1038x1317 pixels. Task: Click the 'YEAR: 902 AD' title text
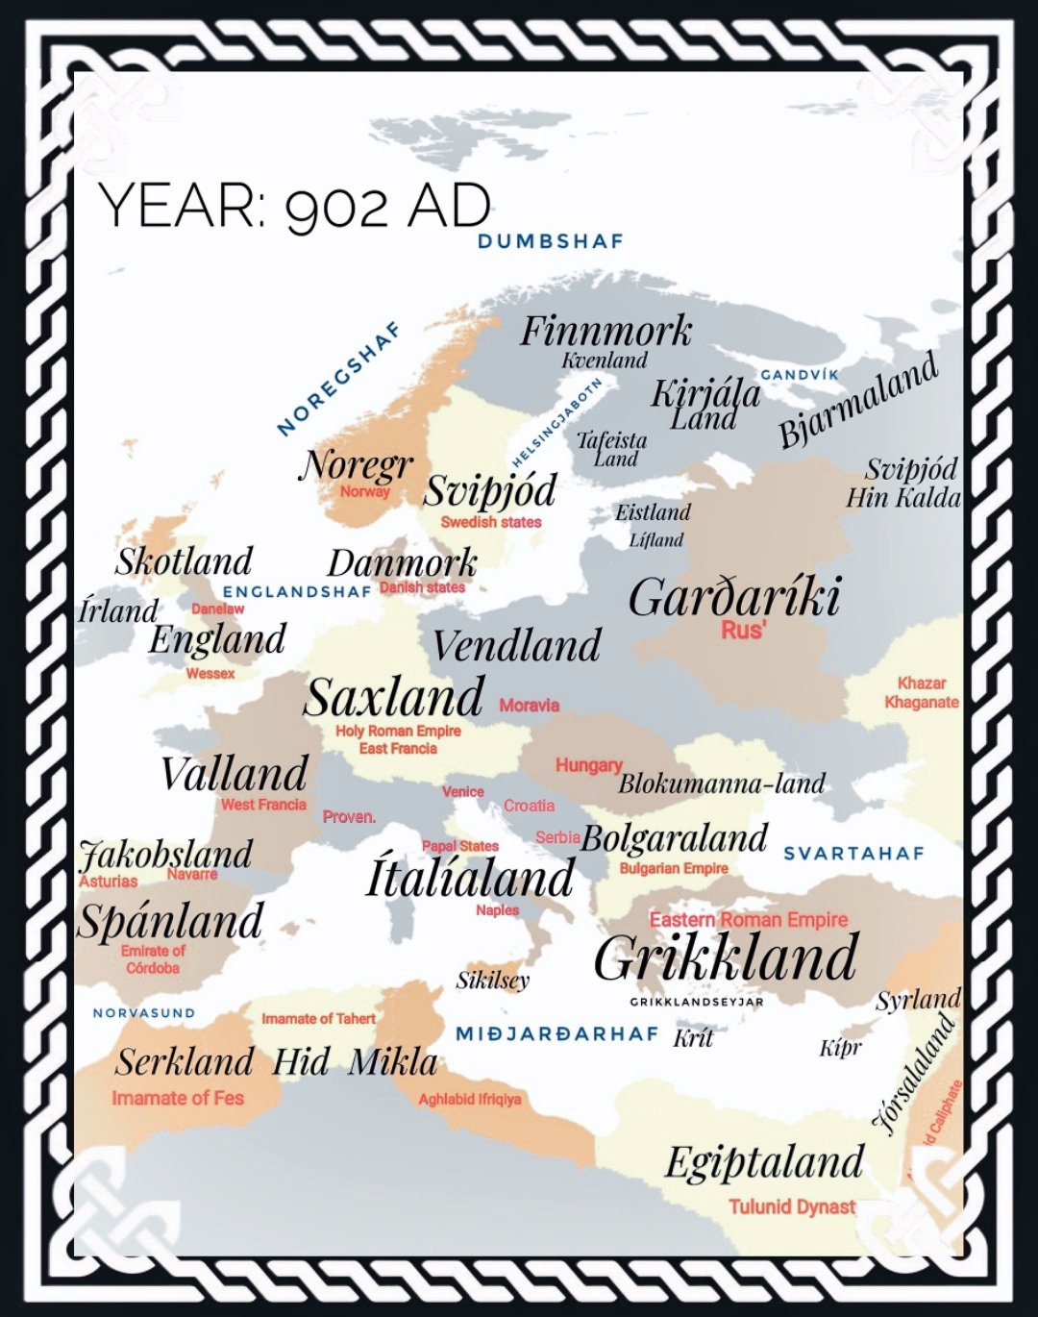tap(294, 205)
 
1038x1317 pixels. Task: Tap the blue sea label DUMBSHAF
tap(551, 241)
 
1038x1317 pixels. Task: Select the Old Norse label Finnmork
tap(605, 332)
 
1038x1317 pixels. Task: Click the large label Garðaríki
tap(735, 597)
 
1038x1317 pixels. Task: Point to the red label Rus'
tap(743, 630)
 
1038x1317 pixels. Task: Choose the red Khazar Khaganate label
tap(921, 692)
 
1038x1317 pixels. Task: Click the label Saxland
tap(394, 697)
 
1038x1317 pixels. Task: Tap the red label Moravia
tap(529, 706)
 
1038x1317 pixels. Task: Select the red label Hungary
tap(588, 765)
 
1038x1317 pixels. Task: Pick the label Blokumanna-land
tap(721, 783)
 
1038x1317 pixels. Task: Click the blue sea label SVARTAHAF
tap(853, 854)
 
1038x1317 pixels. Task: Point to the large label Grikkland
tap(726, 958)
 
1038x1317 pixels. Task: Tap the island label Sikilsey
tap(492, 981)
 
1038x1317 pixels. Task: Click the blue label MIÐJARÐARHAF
tap(556, 1033)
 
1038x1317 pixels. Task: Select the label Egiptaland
tap(764, 1162)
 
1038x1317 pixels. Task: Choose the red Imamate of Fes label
tap(178, 1098)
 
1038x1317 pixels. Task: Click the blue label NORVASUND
tap(143, 1013)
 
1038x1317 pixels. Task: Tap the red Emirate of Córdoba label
tap(153, 959)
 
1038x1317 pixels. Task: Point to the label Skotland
tap(184, 561)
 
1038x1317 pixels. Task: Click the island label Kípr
tap(840, 1048)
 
